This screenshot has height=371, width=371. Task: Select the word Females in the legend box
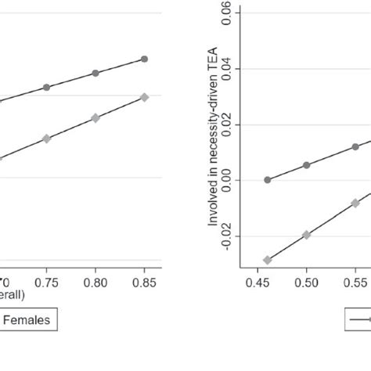click(31, 319)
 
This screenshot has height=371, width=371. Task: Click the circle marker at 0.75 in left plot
click(46, 87)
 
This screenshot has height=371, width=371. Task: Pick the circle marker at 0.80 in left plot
click(95, 73)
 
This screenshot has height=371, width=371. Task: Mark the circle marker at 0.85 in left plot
click(144, 59)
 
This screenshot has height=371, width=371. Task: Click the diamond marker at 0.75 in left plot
click(46, 139)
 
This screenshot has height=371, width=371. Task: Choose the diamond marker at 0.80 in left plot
click(95, 117)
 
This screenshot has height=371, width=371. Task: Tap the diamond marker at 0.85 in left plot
click(144, 97)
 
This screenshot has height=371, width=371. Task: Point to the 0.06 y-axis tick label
click(226, 14)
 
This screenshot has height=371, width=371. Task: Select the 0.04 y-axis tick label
click(226, 69)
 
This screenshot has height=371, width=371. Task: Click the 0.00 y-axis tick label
click(226, 180)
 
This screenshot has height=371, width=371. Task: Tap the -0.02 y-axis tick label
click(226, 236)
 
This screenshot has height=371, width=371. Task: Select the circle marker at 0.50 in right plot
click(306, 165)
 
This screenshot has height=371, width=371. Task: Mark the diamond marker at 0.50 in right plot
click(306, 235)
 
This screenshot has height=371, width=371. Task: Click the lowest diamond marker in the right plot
click(268, 260)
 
